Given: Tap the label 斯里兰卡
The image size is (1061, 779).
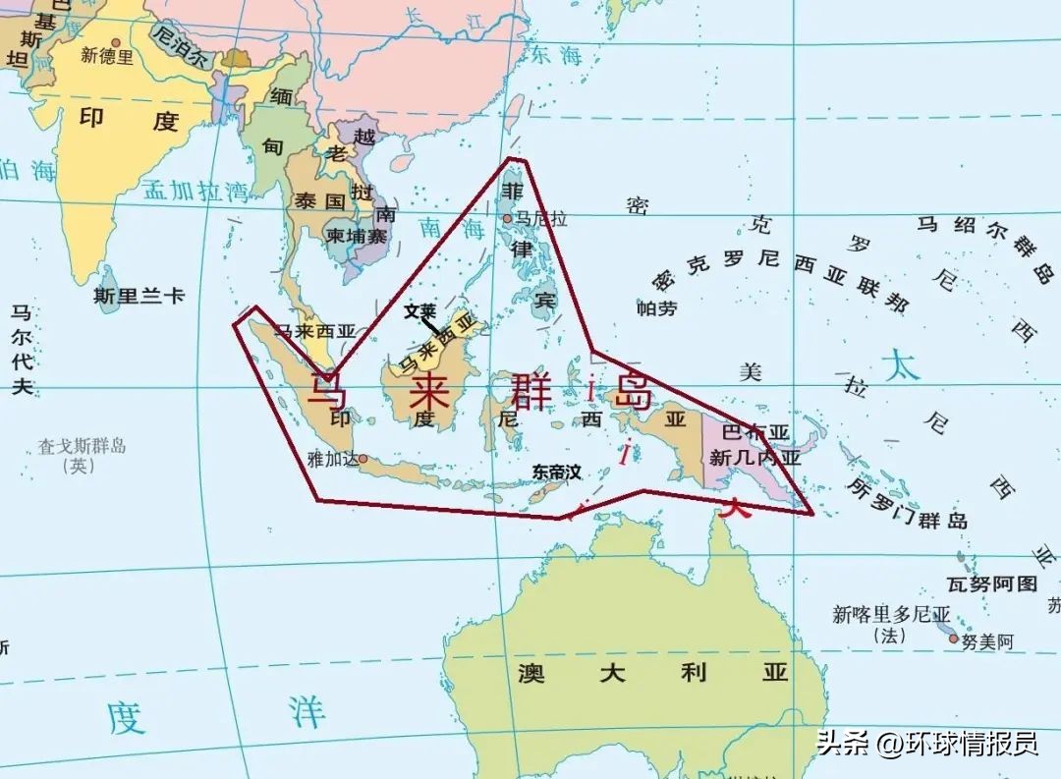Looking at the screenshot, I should pyautogui.click(x=139, y=295).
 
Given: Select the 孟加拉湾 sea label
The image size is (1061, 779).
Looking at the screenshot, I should pyautogui.click(x=195, y=190).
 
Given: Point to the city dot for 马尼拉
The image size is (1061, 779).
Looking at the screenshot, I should pyautogui.click(x=507, y=219).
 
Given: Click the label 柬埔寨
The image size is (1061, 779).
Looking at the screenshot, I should pyautogui.click(x=357, y=236).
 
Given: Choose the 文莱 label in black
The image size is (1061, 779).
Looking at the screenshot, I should pyautogui.click(x=419, y=310).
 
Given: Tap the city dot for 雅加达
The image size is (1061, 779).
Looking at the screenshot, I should pyautogui.click(x=363, y=458).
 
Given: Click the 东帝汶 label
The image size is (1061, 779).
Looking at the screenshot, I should pyautogui.click(x=556, y=473).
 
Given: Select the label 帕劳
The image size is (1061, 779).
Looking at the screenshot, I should pyautogui.click(x=657, y=308).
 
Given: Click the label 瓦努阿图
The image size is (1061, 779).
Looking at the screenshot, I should pyautogui.click(x=991, y=584).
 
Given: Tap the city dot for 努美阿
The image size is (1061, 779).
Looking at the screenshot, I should pyautogui.click(x=952, y=639).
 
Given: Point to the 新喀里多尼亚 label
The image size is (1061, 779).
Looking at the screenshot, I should pyautogui.click(x=891, y=615).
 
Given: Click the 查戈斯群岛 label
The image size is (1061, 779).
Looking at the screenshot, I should pyautogui.click(x=82, y=447).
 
